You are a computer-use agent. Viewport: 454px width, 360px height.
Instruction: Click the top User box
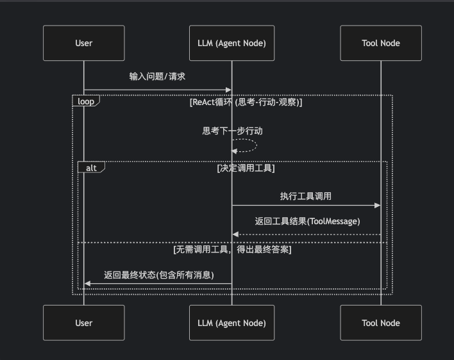83,43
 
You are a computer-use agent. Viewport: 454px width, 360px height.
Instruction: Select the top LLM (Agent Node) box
231,43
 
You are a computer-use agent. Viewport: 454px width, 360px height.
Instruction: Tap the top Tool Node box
380,43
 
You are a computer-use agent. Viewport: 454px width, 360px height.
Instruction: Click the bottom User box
83,323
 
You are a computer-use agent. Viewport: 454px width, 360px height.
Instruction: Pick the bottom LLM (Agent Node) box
231,323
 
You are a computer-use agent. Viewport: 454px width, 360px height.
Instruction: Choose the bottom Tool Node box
380,323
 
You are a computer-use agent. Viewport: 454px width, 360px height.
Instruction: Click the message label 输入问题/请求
157,76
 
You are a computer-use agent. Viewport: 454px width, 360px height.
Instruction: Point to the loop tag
85,101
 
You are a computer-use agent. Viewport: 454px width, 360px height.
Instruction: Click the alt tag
91,167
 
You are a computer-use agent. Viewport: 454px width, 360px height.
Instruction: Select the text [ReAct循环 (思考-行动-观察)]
246,102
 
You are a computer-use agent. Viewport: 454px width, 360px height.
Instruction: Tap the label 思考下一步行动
232,131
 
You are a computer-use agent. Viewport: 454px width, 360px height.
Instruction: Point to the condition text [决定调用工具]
246,168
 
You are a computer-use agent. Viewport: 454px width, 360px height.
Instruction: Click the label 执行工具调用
305,196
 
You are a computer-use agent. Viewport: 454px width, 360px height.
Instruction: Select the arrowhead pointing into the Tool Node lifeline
377,206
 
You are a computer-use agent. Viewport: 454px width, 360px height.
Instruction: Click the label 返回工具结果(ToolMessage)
307,222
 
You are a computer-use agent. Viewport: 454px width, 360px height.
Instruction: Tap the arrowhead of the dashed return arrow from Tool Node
235,234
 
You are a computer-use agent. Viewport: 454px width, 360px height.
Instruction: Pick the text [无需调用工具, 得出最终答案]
232,250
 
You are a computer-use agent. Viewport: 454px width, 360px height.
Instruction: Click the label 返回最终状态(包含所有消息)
159,275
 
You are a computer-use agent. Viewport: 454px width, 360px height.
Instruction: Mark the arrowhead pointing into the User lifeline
88,284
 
